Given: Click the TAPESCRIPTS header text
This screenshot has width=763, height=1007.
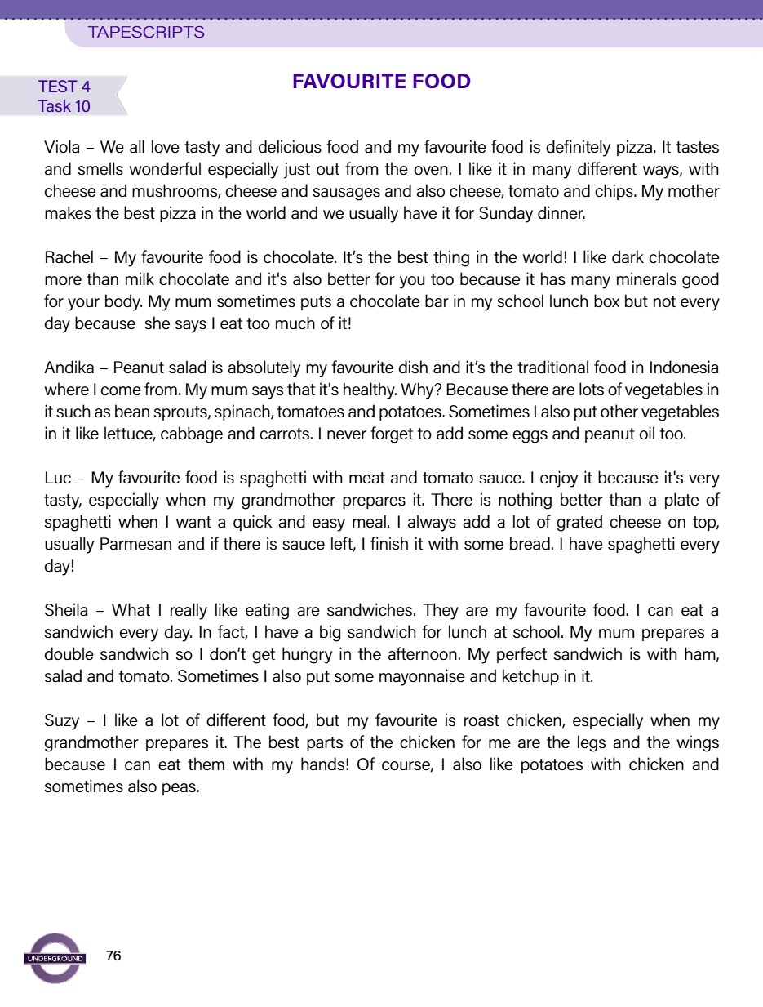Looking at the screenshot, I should tap(146, 33).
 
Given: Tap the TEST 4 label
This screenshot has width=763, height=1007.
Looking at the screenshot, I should tap(64, 87).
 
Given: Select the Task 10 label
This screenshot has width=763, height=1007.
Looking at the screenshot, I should tap(64, 106).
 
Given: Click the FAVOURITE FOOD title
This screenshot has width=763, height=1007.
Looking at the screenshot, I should tap(381, 82).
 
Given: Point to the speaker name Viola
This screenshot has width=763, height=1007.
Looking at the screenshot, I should tap(62, 149).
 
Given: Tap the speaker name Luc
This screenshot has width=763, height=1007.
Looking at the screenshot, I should tap(56, 477).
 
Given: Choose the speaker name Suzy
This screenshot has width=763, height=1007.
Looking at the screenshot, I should tap(62, 720).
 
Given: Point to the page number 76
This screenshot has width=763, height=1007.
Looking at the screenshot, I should tap(113, 956).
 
